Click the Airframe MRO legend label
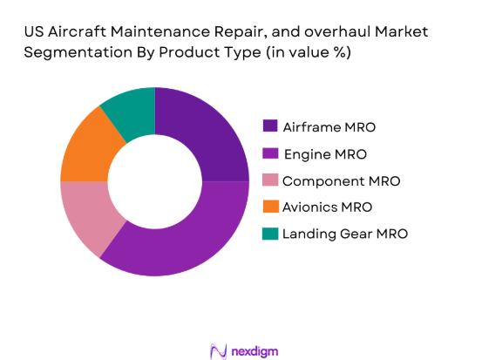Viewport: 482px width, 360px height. tap(330, 127)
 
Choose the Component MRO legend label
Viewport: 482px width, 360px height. tap(342, 181)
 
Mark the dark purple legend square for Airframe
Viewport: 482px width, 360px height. tap(270, 127)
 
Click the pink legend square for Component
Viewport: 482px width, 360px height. tap(270, 181)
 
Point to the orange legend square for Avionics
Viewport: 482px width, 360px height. tap(270, 207)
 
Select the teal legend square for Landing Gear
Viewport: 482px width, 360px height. tap(270, 234)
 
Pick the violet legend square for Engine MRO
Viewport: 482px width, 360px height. tap(270, 154)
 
